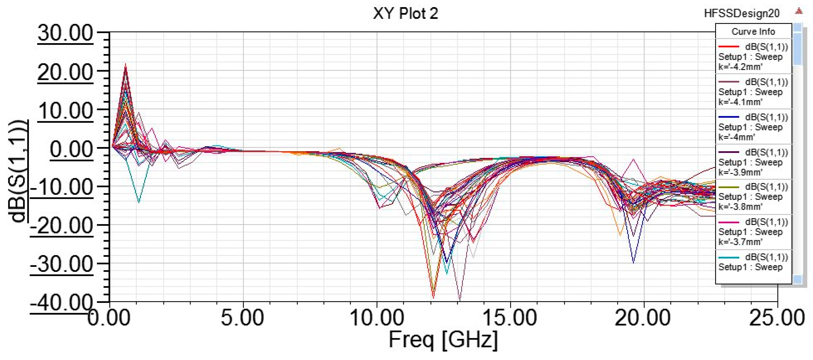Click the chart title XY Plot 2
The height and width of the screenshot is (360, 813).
(x=405, y=13)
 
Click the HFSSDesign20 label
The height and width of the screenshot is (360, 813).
(x=742, y=13)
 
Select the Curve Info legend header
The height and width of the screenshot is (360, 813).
(x=753, y=32)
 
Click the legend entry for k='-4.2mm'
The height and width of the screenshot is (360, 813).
(x=753, y=57)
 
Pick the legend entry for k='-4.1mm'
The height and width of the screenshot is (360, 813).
(x=753, y=92)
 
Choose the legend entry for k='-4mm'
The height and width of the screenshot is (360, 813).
(x=753, y=127)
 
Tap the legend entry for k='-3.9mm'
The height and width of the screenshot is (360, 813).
(x=753, y=162)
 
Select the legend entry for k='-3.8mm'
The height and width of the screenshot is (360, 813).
(x=753, y=197)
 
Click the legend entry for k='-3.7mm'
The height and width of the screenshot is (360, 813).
(x=753, y=232)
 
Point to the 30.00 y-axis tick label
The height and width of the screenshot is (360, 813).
(x=65, y=33)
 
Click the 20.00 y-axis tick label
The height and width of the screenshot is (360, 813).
(x=65, y=72)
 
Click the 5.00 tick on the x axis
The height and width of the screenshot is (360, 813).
(x=242, y=317)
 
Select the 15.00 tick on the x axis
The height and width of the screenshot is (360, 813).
(x=510, y=317)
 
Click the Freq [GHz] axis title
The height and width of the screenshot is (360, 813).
(x=443, y=340)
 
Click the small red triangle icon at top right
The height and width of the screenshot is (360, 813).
(x=799, y=11)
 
